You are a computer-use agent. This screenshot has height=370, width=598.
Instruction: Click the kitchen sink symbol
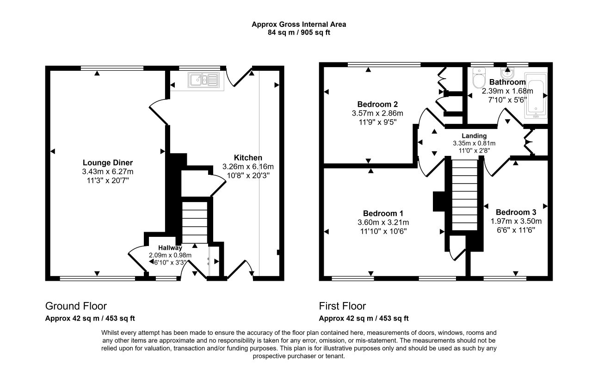[x=203, y=80]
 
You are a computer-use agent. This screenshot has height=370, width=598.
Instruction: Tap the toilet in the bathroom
[x=479, y=78]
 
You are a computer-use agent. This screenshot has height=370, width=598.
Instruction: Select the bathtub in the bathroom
[x=536, y=95]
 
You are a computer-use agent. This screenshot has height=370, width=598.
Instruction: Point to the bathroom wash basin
[x=507, y=73]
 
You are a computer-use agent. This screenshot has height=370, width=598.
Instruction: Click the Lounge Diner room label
[x=108, y=163]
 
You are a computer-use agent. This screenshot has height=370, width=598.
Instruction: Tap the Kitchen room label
[x=248, y=158]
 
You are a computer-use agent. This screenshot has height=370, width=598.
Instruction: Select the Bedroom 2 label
[x=377, y=104]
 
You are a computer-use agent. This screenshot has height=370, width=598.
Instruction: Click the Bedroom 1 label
[x=383, y=213]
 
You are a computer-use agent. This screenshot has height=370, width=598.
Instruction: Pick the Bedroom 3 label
[x=516, y=212]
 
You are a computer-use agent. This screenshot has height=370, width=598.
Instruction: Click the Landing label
[x=474, y=136]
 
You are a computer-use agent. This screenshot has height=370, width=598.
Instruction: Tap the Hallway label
[x=170, y=248]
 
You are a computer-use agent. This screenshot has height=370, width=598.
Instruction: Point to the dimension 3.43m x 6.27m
[x=108, y=172]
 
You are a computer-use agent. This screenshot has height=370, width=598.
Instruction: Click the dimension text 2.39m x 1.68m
[x=507, y=91]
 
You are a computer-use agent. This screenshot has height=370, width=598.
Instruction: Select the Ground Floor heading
[x=76, y=306]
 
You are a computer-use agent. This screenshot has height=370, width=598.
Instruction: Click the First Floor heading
[x=342, y=306]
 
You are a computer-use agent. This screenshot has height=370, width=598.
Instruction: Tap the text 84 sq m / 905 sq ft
[x=299, y=32]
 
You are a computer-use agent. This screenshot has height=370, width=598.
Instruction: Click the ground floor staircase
[x=195, y=222]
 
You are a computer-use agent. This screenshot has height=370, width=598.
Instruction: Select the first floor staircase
[x=464, y=195]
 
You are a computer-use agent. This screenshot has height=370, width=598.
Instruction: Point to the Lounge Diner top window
[x=112, y=68]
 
